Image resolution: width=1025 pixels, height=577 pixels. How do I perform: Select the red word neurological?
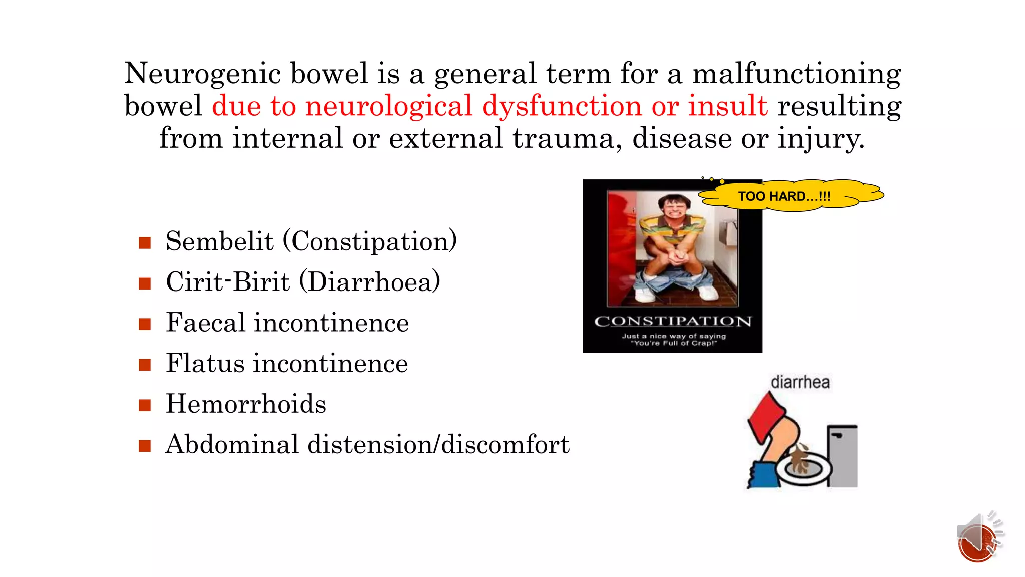(x=388, y=106)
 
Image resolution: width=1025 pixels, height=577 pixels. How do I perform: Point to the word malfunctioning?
(x=796, y=74)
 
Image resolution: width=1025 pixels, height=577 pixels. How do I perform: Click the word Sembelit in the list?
(x=219, y=241)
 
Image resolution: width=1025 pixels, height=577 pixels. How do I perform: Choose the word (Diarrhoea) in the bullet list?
(x=370, y=282)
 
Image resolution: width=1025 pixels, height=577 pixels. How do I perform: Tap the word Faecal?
(x=205, y=322)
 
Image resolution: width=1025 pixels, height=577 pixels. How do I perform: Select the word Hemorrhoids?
(x=246, y=404)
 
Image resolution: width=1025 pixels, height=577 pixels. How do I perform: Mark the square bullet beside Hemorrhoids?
(x=145, y=405)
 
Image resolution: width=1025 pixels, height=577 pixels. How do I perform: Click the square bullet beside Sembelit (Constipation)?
(x=145, y=243)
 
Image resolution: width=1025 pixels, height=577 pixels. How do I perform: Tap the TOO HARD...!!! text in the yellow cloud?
(x=784, y=196)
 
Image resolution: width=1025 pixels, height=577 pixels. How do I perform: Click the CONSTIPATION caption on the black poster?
(x=673, y=321)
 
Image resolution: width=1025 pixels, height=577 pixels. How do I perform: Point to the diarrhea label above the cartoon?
(x=800, y=382)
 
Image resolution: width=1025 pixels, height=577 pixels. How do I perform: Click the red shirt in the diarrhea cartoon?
(x=766, y=416)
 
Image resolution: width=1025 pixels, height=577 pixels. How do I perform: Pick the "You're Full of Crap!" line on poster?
(x=674, y=343)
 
